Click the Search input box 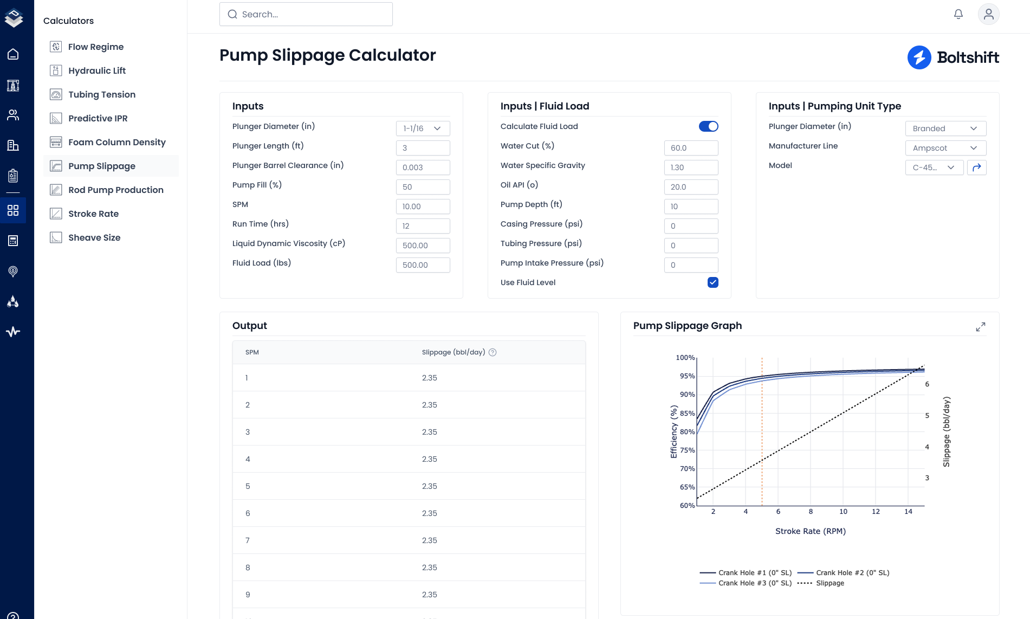pyautogui.click(x=306, y=14)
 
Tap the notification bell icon pyautogui.click(x=958, y=14)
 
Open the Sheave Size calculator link pyautogui.click(x=94, y=237)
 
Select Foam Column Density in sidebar pyautogui.click(x=116, y=142)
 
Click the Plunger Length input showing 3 pyautogui.click(x=423, y=148)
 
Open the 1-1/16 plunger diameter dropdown pyautogui.click(x=423, y=128)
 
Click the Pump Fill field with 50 pyautogui.click(x=423, y=187)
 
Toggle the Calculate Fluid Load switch pyautogui.click(x=708, y=126)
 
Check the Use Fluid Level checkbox pyautogui.click(x=713, y=282)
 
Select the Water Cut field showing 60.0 pyautogui.click(x=691, y=148)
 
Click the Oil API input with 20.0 pyautogui.click(x=691, y=187)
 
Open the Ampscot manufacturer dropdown pyautogui.click(x=945, y=148)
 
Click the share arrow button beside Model pyautogui.click(x=977, y=167)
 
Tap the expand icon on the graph pyautogui.click(x=981, y=327)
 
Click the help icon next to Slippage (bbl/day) pyautogui.click(x=493, y=352)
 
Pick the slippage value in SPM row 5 pyautogui.click(x=430, y=486)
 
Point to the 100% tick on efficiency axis pyautogui.click(x=685, y=358)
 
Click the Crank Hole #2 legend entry pyautogui.click(x=844, y=573)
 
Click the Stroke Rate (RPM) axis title pyautogui.click(x=811, y=531)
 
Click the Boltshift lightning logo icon pyautogui.click(x=919, y=57)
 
